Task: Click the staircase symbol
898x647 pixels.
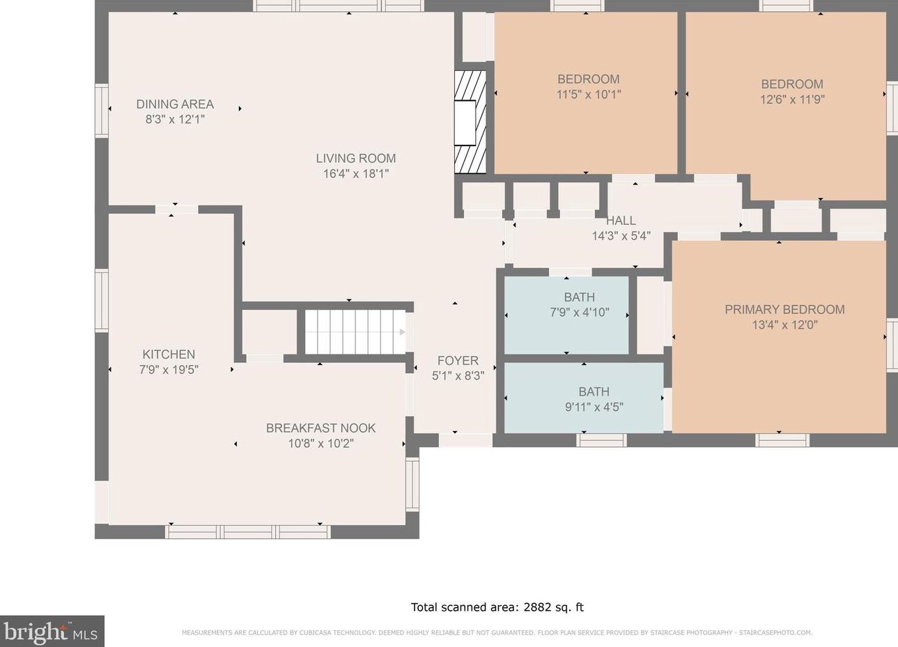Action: (355, 332)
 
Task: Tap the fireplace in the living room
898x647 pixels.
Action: (470, 123)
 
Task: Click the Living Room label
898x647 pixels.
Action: (355, 158)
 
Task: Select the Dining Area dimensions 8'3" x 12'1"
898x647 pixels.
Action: (175, 120)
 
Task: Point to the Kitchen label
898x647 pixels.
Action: (169, 354)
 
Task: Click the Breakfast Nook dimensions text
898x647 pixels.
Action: (320, 444)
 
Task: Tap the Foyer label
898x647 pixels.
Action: (458, 361)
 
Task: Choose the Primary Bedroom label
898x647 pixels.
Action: (784, 309)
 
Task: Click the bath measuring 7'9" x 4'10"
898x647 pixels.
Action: (566, 315)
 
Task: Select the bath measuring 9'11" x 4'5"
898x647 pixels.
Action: (584, 398)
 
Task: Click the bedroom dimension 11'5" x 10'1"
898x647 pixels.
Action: (589, 95)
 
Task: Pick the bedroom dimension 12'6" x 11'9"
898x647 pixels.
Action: (792, 100)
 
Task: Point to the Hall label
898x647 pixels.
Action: (621, 221)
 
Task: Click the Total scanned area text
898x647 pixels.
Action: (497, 607)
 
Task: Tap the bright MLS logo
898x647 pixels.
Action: (52, 631)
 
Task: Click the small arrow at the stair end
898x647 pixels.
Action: (403, 332)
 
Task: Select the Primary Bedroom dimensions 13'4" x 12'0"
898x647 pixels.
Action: (784, 325)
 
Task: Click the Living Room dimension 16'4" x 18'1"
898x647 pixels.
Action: (356, 174)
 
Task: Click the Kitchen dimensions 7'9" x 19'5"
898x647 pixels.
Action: (169, 370)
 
